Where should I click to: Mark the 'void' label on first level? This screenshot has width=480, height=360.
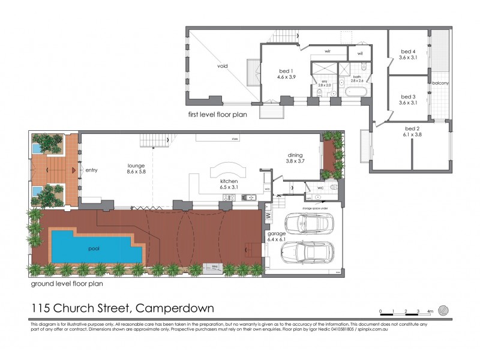(223, 66)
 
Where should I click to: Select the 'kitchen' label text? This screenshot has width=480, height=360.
(229, 181)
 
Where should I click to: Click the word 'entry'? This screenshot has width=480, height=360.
(91, 170)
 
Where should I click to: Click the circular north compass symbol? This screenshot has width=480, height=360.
(443, 310)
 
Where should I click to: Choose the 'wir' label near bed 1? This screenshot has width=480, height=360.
(328, 52)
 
